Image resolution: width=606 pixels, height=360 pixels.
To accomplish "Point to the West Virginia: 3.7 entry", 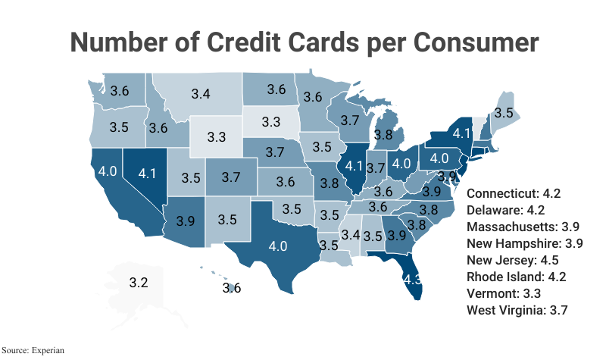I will (517, 310).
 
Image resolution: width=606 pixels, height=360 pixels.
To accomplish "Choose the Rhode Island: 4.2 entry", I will (517, 277).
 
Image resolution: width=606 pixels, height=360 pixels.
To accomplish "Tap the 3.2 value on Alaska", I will (138, 283).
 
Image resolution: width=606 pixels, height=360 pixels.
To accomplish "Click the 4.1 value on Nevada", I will (146, 173).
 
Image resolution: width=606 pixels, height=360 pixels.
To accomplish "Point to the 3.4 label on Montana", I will (201, 95).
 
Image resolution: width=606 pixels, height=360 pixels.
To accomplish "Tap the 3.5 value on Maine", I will (504, 112).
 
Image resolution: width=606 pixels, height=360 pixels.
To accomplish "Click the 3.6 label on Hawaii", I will (232, 288).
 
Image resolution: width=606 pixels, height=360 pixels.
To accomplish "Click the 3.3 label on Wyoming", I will (217, 137).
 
